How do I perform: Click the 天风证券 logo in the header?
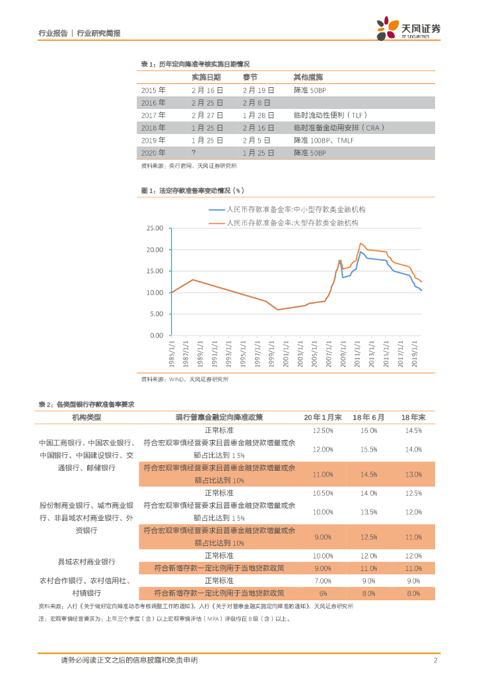point(409,28)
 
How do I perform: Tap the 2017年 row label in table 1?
point(154,115)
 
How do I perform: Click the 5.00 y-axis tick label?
point(156,314)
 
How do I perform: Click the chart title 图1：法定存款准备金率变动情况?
point(193,190)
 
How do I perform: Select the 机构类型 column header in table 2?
point(86,417)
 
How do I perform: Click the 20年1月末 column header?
point(322,417)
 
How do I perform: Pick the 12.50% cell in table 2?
point(322,430)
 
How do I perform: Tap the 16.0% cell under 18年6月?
point(368,430)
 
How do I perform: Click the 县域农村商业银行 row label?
point(86,562)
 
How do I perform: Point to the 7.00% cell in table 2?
point(322,580)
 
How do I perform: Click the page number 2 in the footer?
point(436,660)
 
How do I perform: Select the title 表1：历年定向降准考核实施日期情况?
point(195,63)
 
